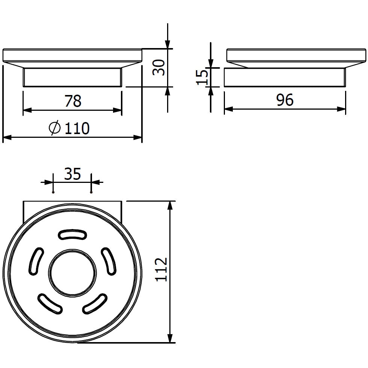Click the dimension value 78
(73, 101)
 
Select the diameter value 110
(77, 128)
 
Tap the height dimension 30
(159, 68)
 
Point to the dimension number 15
(202, 76)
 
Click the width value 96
(285, 100)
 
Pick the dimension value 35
(72, 174)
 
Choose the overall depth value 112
(161, 270)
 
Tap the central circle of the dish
(72, 273)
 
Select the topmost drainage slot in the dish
(72, 235)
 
